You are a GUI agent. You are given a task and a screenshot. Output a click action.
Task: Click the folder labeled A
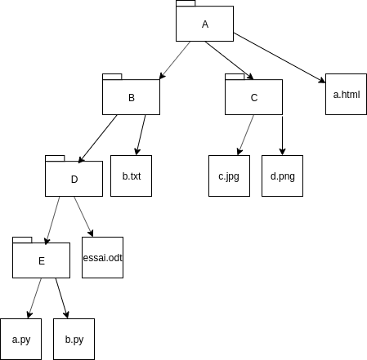pos(204,24)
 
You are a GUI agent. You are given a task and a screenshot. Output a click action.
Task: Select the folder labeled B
pos(131,97)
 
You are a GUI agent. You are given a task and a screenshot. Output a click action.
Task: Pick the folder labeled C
pos(253,97)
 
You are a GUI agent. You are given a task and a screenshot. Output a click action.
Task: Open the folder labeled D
pos(74,179)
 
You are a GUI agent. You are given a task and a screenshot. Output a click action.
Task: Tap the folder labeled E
pos(41,260)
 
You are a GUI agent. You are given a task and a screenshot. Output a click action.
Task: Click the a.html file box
pos(346,94)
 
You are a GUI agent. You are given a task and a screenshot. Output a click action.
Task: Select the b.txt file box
pos(131,176)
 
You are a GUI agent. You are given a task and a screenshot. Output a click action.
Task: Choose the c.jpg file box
pos(229,176)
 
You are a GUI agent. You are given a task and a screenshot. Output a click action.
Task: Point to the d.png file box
pos(282,176)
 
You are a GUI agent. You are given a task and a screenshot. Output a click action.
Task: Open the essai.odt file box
pos(102,257)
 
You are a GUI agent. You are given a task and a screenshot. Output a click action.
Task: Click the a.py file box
pos(21,339)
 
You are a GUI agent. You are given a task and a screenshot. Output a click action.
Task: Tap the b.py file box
pos(74,339)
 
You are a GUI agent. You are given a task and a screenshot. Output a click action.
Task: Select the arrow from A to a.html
pos(280,58)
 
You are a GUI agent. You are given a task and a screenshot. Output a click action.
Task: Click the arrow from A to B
pos(175,60)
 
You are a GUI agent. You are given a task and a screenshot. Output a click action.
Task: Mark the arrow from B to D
pos(98,139)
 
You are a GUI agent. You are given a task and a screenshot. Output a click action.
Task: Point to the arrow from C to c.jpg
pos(246,135)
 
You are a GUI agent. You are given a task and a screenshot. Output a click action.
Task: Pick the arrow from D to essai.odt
pos(83,216)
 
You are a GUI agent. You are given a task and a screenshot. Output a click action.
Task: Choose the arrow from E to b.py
pos(62,298)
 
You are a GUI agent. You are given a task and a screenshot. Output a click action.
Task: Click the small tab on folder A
pos(186,3)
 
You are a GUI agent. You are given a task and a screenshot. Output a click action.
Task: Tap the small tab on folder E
pos(22,240)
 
